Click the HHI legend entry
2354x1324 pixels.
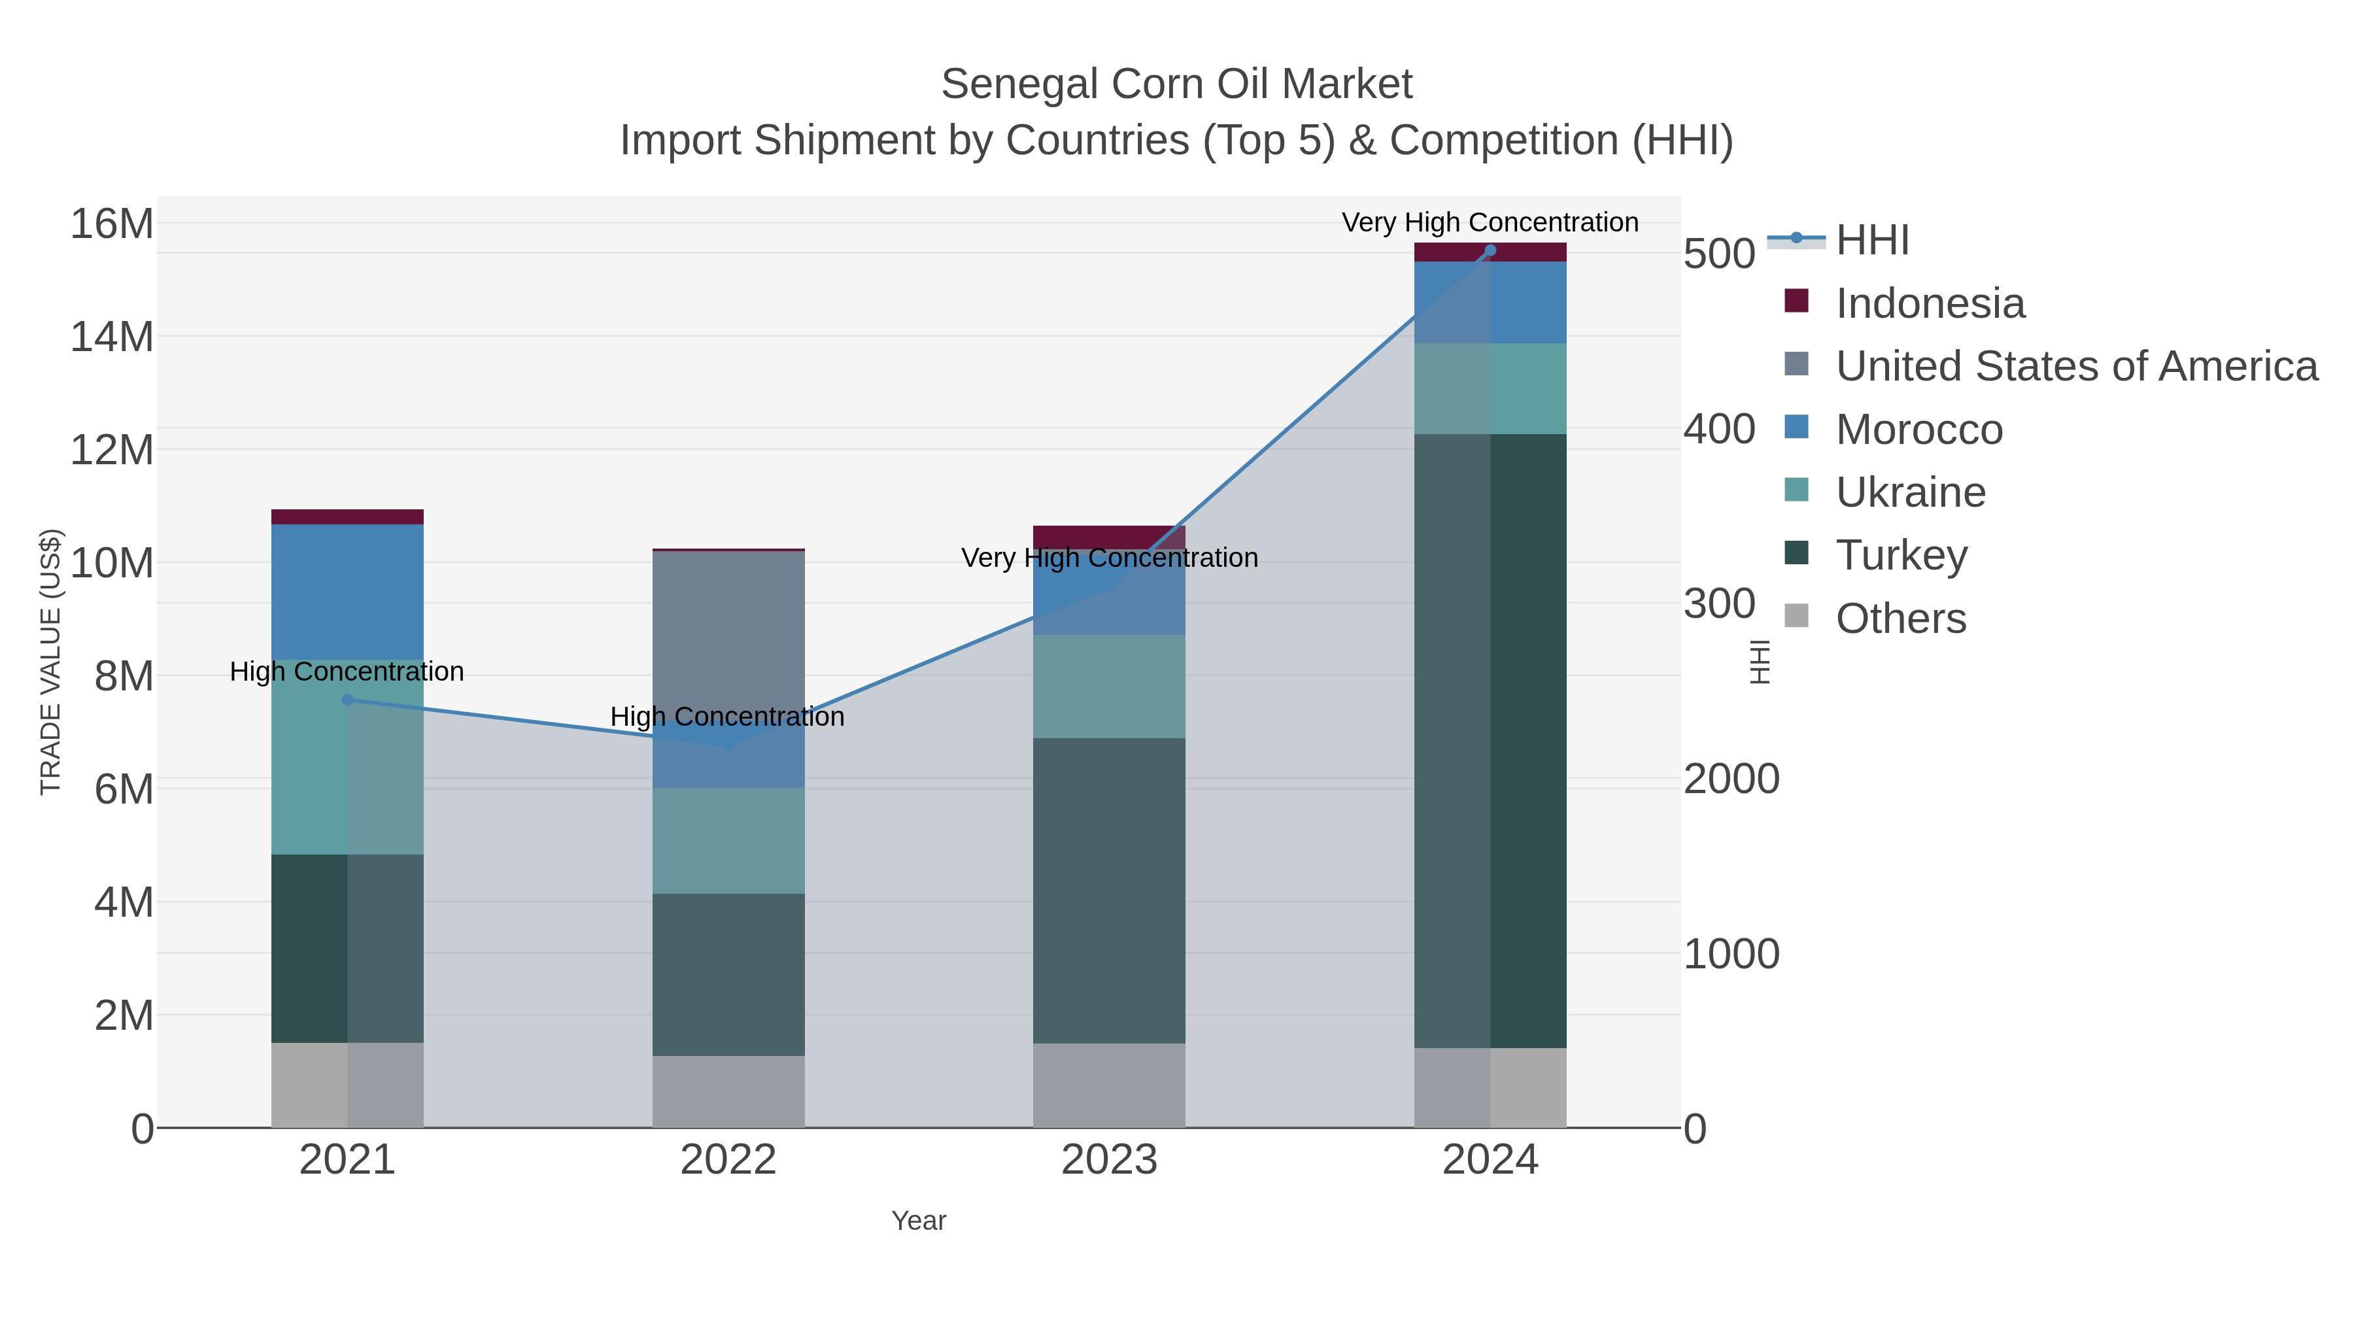tap(1871, 241)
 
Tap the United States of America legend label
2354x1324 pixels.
tap(2076, 366)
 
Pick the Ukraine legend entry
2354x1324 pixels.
tap(1910, 492)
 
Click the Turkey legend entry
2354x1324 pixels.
tap(1901, 556)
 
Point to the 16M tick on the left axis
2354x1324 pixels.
tap(111, 224)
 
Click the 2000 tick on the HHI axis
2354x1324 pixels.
tap(1731, 779)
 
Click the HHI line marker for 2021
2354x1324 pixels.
tap(347, 700)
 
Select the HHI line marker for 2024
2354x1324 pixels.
tap(1490, 250)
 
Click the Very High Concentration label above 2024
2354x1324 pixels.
tap(1490, 222)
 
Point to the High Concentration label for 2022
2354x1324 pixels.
tap(727, 717)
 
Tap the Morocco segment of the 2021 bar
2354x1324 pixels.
tap(347, 592)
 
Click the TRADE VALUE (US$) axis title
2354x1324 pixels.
tap(51, 662)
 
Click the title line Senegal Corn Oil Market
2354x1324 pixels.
tap(1176, 84)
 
